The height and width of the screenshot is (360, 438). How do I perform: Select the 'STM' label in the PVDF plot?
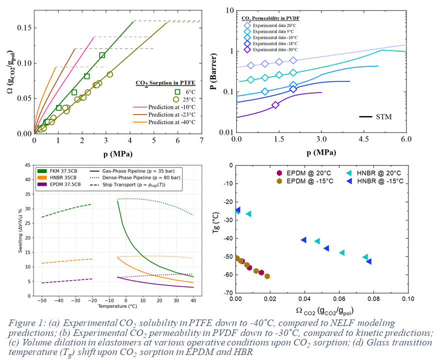coord(383,117)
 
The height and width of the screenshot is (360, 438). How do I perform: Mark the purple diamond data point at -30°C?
coord(276,104)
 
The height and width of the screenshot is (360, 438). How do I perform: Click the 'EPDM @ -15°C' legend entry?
coord(303,181)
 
